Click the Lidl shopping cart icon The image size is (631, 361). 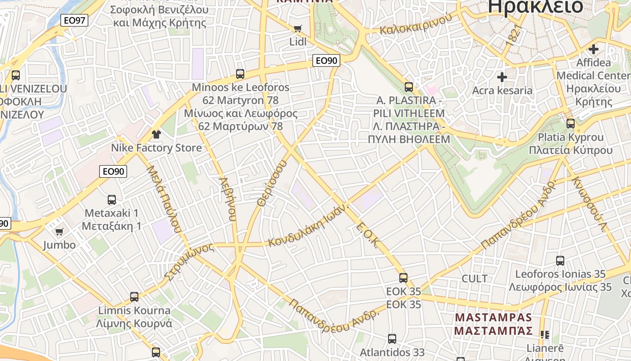(297, 29)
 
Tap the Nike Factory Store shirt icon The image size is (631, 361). (156, 134)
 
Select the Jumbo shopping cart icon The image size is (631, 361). (59, 232)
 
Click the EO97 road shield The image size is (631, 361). (74, 20)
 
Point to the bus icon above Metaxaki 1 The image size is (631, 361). (112, 199)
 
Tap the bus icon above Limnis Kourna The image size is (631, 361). (134, 297)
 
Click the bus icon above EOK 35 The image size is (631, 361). (403, 278)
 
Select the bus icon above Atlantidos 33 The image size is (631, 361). (392, 338)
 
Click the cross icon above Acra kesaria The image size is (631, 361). (502, 77)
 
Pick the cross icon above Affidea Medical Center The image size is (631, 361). (594, 49)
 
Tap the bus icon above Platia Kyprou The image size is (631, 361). (571, 123)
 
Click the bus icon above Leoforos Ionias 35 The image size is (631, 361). (560, 260)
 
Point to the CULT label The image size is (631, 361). (475, 278)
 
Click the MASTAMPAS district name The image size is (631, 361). (493, 318)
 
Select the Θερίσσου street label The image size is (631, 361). (272, 184)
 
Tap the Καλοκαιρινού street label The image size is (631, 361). (416, 25)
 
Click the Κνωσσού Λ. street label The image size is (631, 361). (589, 204)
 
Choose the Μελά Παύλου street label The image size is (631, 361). (164, 199)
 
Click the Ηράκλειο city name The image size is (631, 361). (535, 6)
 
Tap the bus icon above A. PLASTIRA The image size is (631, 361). (409, 87)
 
